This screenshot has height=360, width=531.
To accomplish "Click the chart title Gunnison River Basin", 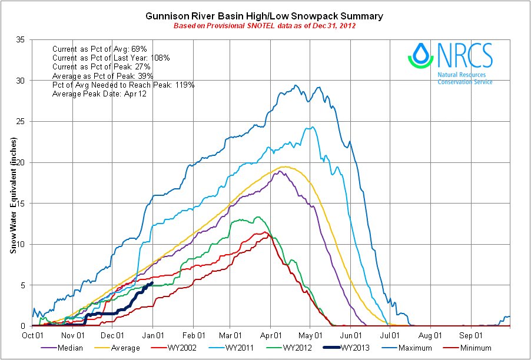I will point(264,16).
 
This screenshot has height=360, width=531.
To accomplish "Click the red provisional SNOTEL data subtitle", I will point(264,26).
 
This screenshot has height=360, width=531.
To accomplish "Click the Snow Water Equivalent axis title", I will point(13,194).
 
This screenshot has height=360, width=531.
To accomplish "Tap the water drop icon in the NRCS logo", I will point(419,54).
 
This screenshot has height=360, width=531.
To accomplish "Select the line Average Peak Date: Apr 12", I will point(98,94).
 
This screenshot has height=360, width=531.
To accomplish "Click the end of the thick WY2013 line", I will point(152,283).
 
